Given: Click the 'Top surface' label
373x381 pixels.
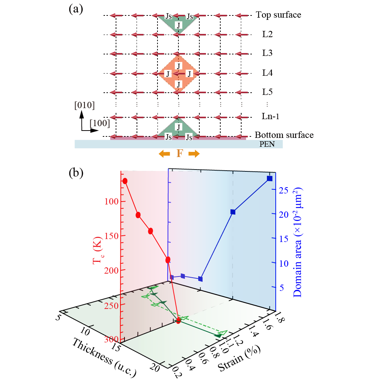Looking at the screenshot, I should click(x=278, y=15).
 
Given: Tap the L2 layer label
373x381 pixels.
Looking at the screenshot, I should click(x=267, y=35).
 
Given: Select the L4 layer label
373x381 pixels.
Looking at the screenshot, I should click(x=267, y=73).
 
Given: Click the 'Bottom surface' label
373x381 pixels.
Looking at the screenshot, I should click(x=284, y=135).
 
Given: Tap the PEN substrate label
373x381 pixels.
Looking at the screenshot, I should click(x=267, y=144).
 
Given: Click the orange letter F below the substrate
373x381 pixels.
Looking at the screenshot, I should click(x=179, y=153).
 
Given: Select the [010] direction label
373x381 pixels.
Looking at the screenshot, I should click(x=84, y=106).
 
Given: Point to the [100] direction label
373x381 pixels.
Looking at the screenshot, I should click(x=99, y=123).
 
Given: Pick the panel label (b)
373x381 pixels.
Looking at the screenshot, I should click(x=76, y=173).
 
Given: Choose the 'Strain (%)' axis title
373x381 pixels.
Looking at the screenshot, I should click(x=239, y=359).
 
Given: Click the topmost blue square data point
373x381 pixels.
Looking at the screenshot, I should click(x=269, y=178).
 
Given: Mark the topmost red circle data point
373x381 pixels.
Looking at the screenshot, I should click(x=125, y=181).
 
